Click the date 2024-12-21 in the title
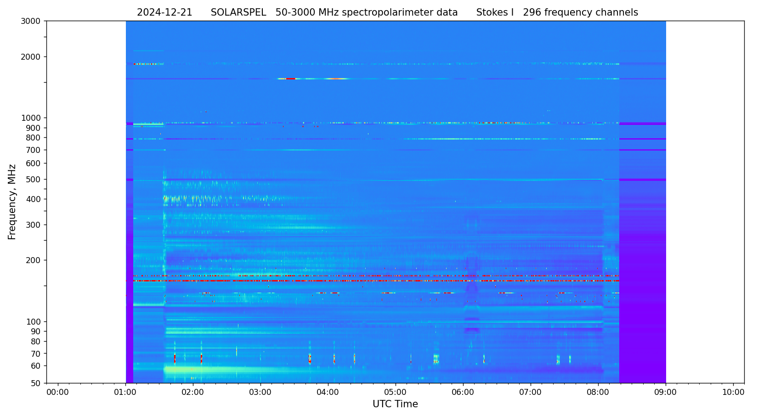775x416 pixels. point(164,13)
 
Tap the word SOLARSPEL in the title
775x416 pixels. point(238,13)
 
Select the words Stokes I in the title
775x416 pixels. point(495,13)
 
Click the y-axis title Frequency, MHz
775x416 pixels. point(12,202)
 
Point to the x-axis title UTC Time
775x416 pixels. point(395,405)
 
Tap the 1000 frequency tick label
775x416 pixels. point(31,118)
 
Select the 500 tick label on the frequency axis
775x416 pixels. point(34,180)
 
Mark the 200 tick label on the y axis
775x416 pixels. point(34,260)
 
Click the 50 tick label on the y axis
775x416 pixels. point(36,383)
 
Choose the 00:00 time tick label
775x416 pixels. point(58,393)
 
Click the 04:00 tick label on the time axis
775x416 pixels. point(328,393)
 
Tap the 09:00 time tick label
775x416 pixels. point(666,393)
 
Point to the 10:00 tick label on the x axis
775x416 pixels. point(733,393)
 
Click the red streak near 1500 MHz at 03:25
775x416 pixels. point(290,79)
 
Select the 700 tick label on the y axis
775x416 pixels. point(34,150)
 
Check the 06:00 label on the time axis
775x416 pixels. point(463,393)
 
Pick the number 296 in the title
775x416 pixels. point(532,13)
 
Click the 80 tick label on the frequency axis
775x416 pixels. point(36,342)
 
